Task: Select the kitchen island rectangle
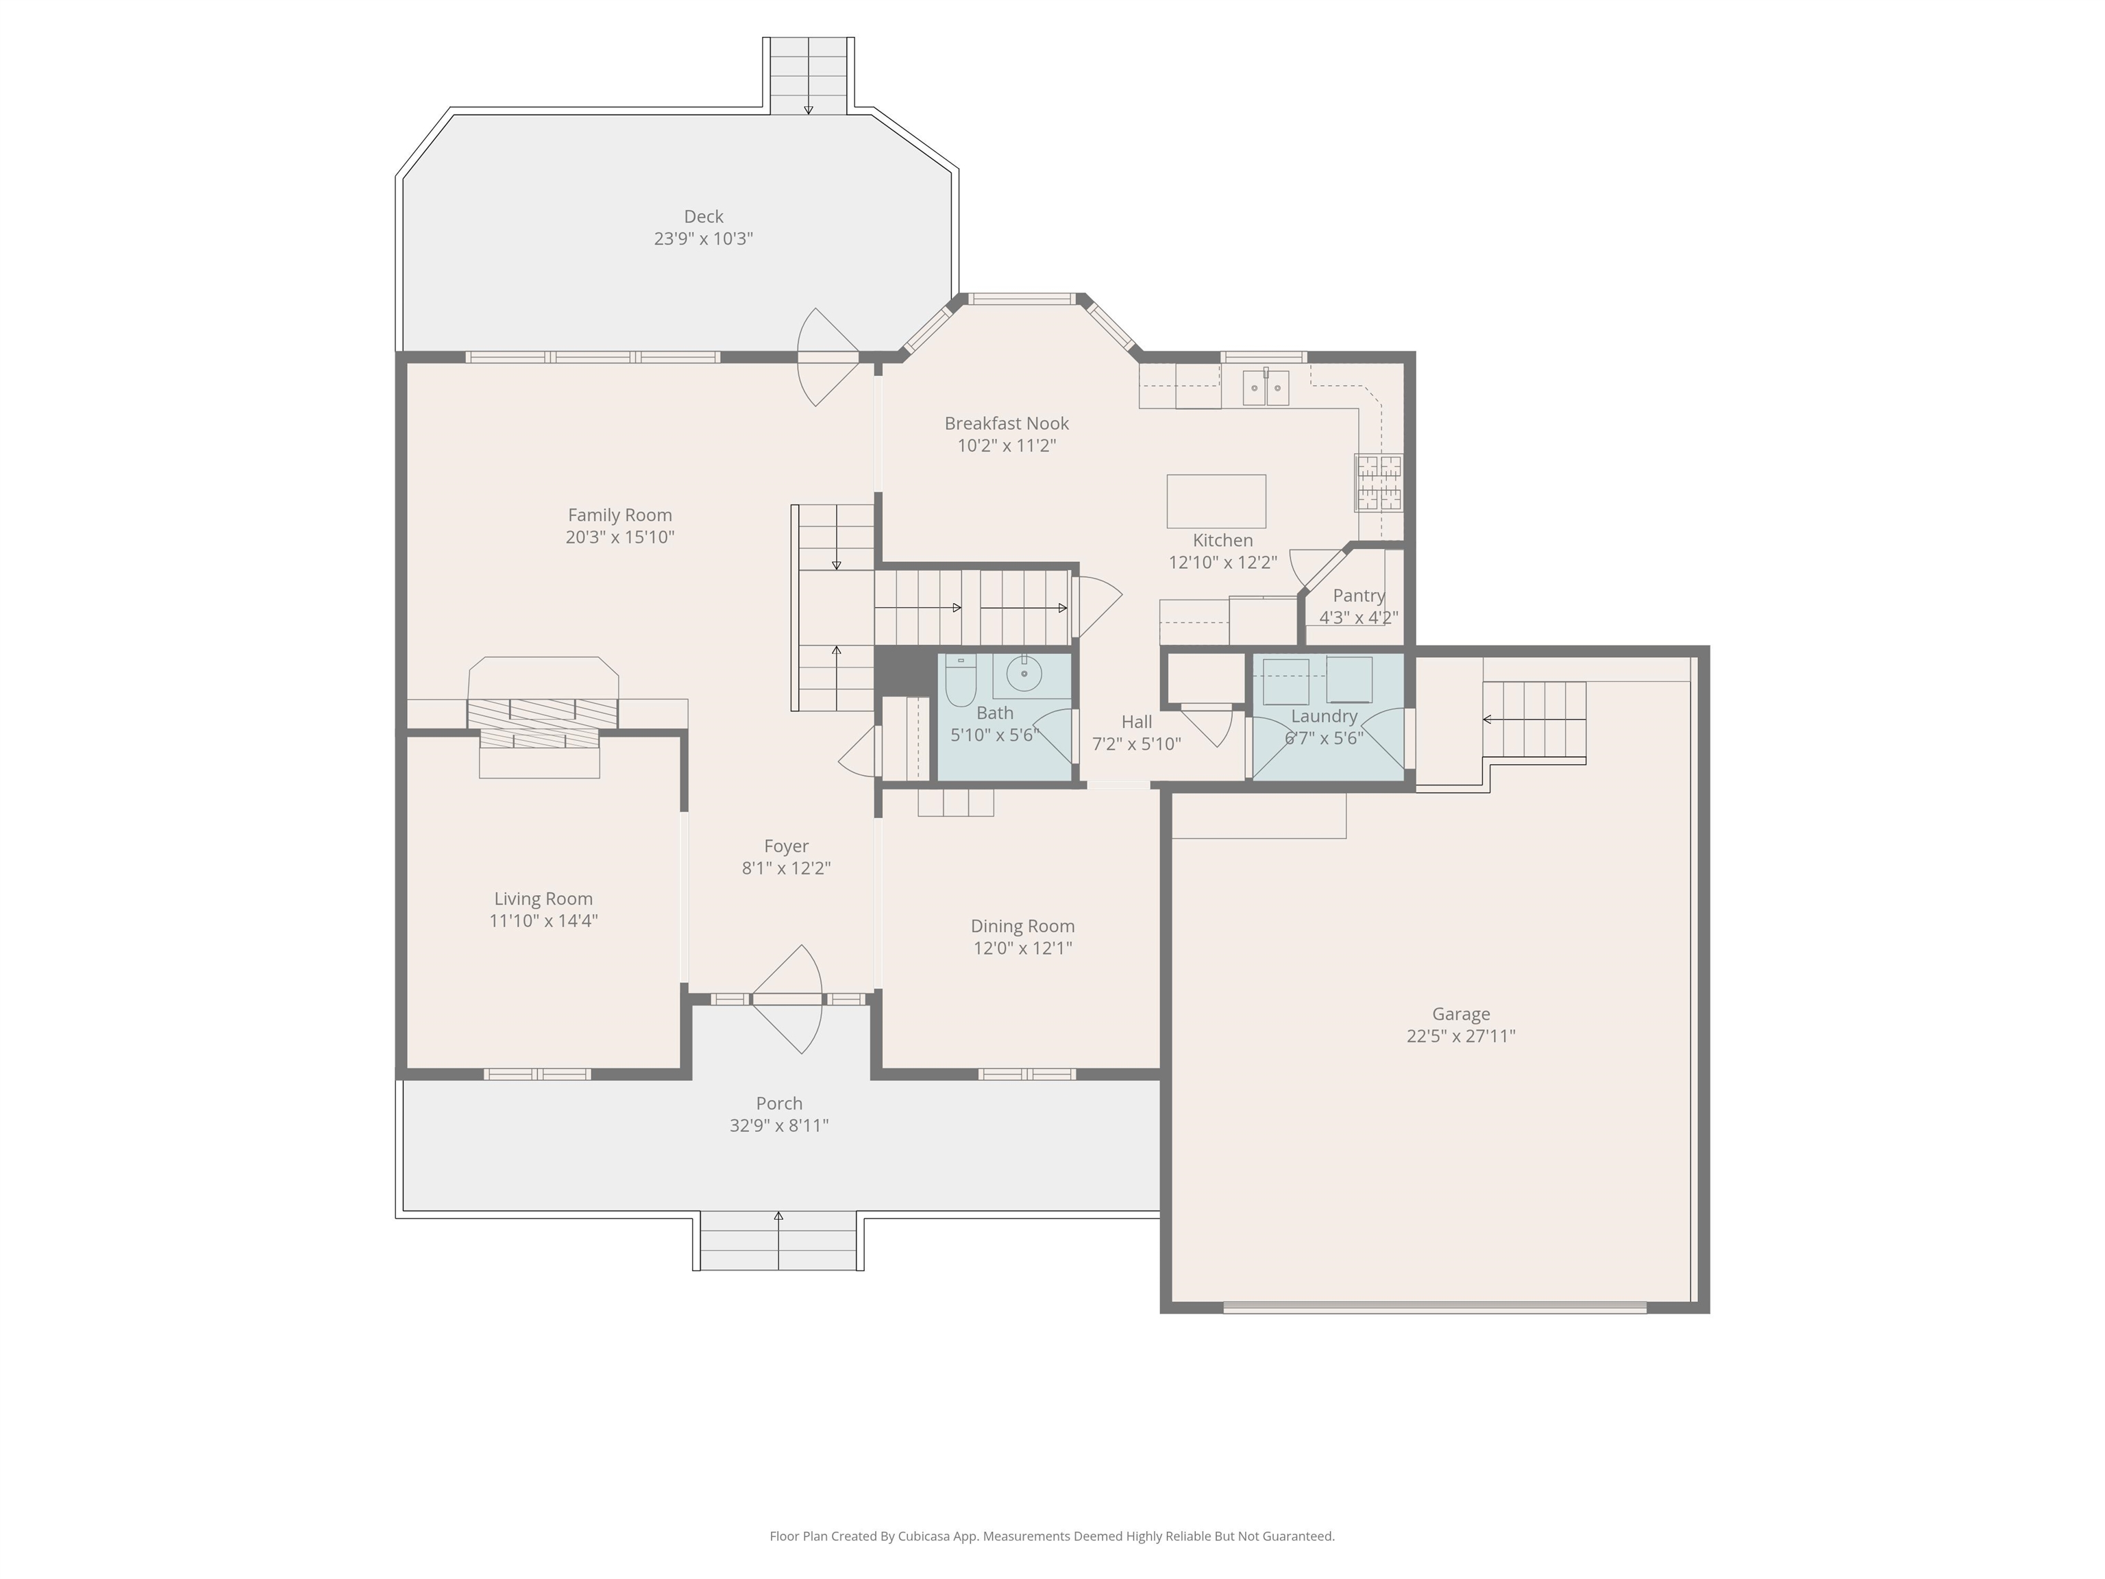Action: pyautogui.click(x=1216, y=501)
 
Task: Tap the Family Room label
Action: pyautogui.click(x=619, y=515)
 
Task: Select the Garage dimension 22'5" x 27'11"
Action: pyautogui.click(x=1461, y=1036)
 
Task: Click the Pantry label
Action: pyautogui.click(x=1358, y=596)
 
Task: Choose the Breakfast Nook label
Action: pyautogui.click(x=1006, y=424)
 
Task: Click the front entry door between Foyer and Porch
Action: pyautogui.click(x=787, y=999)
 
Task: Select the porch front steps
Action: pyautogui.click(x=778, y=1242)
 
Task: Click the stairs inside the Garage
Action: pyautogui.click(x=1534, y=720)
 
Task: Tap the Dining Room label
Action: pyautogui.click(x=1022, y=926)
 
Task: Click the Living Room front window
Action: pyautogui.click(x=538, y=1075)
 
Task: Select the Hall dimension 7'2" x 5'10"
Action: pyautogui.click(x=1136, y=744)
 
